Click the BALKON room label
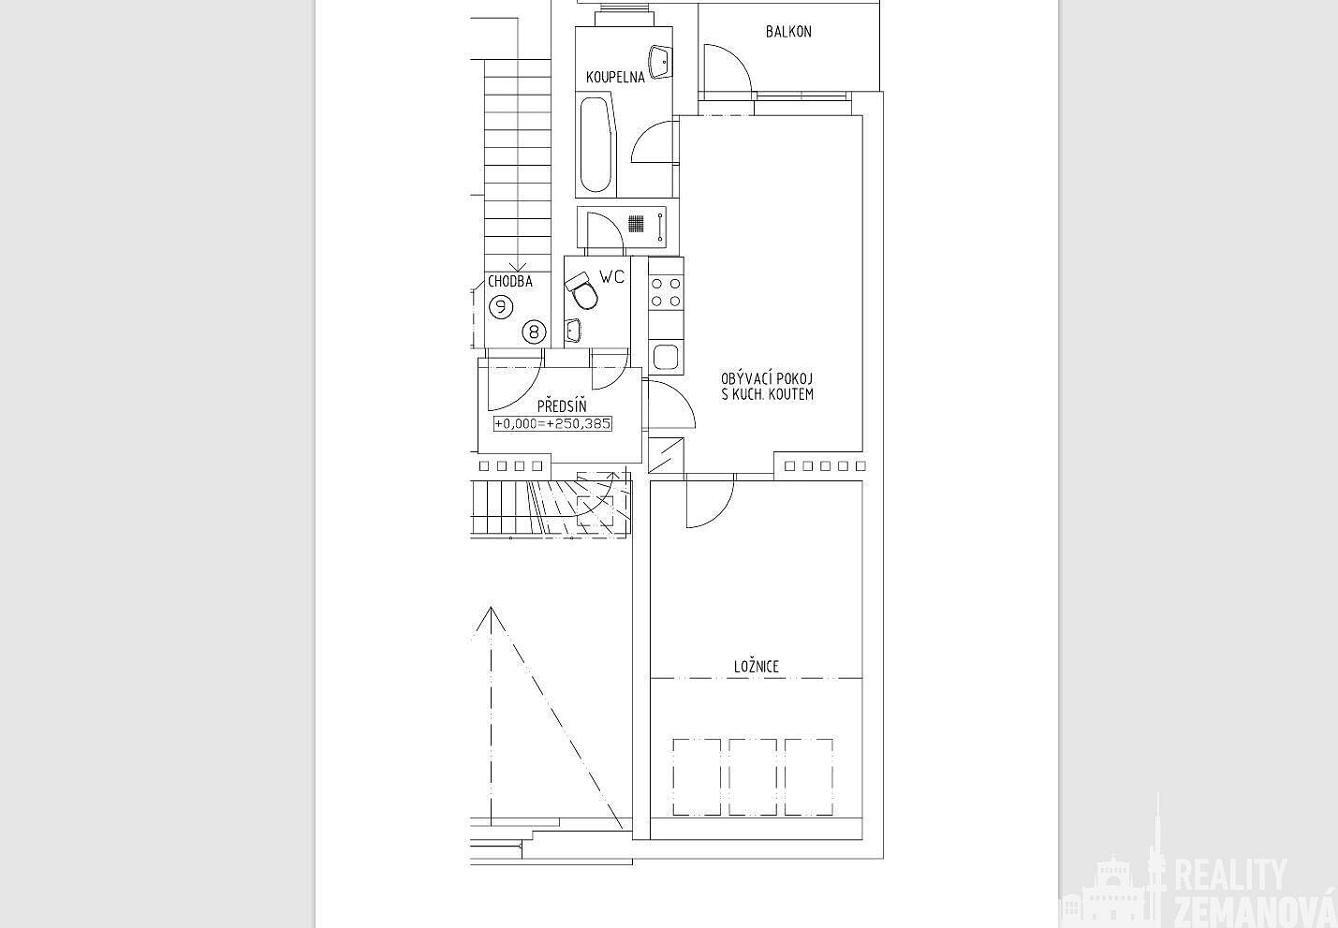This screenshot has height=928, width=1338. click(788, 32)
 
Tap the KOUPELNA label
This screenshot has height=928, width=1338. click(615, 77)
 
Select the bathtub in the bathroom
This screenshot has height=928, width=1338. click(597, 144)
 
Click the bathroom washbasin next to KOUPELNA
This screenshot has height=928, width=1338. click(660, 62)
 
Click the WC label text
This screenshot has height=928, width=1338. click(612, 276)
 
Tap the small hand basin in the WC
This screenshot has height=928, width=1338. click(573, 331)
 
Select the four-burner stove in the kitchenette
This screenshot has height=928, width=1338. click(666, 292)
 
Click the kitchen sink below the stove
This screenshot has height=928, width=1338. click(666, 358)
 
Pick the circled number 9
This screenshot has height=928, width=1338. click(501, 307)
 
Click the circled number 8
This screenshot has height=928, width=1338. click(534, 331)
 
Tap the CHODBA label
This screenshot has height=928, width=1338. click(510, 282)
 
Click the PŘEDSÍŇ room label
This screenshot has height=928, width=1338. click(562, 406)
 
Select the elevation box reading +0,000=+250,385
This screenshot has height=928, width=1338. click(552, 423)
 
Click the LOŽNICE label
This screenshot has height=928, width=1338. click(757, 667)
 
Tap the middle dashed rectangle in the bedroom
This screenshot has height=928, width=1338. click(753, 777)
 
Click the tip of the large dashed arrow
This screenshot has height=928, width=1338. click(491, 608)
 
